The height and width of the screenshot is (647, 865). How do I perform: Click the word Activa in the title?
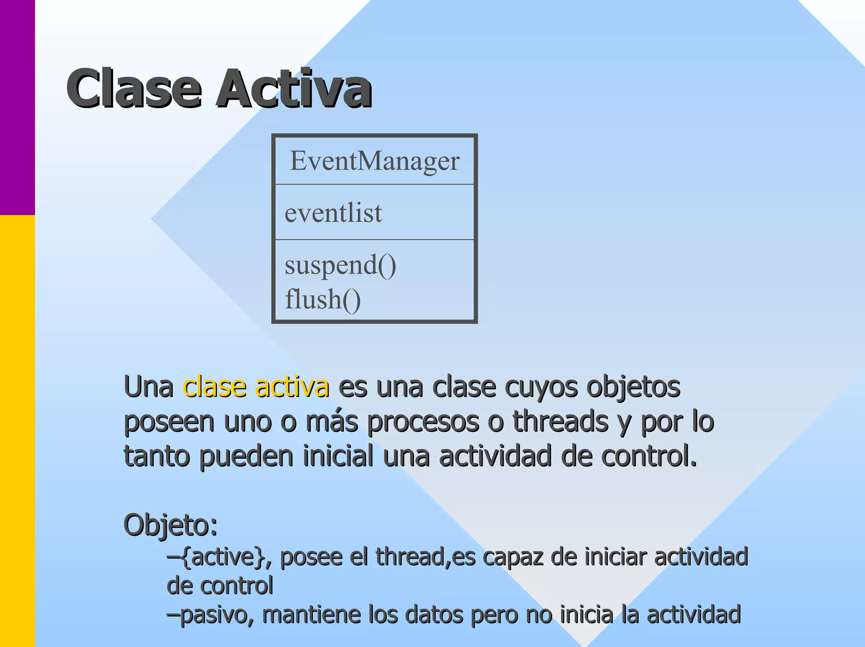click(x=294, y=89)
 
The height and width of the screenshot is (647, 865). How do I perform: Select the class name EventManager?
click(x=375, y=161)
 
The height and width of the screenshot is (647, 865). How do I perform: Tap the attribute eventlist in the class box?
click(x=333, y=213)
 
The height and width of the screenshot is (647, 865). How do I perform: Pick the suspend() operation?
click(x=340, y=265)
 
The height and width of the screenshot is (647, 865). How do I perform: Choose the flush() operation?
click(x=323, y=300)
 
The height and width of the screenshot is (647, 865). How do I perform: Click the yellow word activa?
click(x=292, y=387)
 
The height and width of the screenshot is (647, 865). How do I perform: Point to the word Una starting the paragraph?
click(x=148, y=387)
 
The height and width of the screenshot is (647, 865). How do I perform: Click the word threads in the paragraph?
click(x=560, y=421)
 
